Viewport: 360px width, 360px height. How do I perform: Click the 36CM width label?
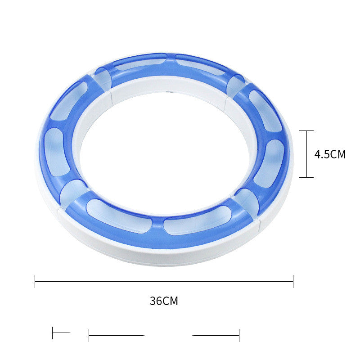click(x=164, y=301)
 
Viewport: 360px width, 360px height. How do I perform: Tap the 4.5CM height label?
click(x=330, y=154)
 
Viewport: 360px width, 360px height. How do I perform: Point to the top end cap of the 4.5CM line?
click(x=306, y=131)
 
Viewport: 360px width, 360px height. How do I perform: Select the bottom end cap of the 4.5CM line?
click(x=306, y=177)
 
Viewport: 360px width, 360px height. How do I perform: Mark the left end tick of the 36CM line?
click(x=35, y=281)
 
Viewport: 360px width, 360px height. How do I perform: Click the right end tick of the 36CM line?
click(x=293, y=281)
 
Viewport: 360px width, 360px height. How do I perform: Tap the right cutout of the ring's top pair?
click(x=199, y=64)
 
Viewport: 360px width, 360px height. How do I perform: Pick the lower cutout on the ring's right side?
click(x=270, y=163)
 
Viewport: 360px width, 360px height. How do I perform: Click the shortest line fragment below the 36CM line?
click(x=61, y=333)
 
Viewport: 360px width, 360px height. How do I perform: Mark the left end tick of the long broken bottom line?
click(x=89, y=335)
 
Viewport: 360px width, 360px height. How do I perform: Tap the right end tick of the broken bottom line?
click(x=239, y=335)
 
